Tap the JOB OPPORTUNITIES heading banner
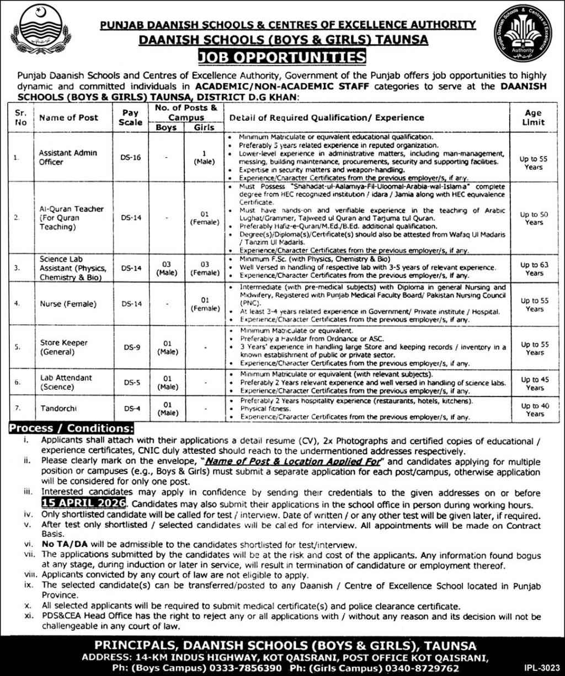pos(282,57)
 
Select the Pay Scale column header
pos(130,117)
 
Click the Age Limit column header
pos(534,117)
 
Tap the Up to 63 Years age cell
pos(534,269)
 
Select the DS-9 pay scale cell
pos(131,347)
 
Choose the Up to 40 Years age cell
pos(534,410)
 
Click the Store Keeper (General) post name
pos(56,347)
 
